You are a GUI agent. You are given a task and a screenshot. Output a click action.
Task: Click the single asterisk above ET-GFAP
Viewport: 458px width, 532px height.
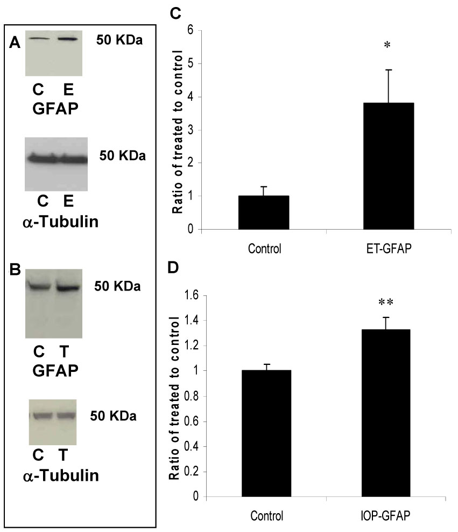pos(387,45)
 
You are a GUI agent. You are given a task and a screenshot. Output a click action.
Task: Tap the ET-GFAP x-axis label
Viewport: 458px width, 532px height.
pos(388,251)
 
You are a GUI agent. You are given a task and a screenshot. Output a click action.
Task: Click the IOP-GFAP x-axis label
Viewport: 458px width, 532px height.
pos(389,514)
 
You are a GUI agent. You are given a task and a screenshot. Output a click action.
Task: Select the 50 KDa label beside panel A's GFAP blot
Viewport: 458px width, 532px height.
pos(119,39)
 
